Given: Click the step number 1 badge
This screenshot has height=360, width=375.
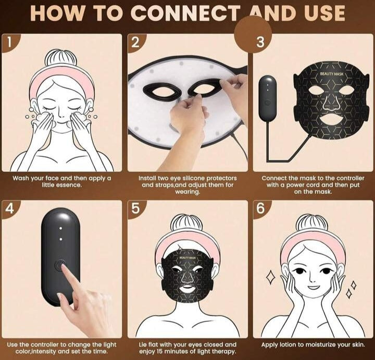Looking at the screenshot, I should tap(9, 43).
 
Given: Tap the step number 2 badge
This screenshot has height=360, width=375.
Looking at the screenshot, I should tap(135, 43).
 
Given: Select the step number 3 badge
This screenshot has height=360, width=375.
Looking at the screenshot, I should tap(260, 43).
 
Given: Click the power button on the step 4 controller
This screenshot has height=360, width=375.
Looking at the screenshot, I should tap(58, 265).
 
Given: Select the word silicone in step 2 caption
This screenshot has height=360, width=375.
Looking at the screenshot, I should tap(189, 178).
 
